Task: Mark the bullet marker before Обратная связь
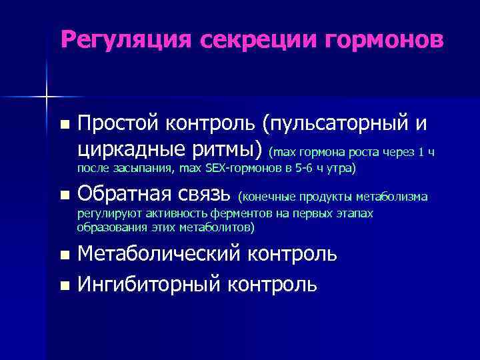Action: (64, 196)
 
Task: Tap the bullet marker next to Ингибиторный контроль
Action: (64, 286)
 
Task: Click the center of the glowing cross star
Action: (47, 97)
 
